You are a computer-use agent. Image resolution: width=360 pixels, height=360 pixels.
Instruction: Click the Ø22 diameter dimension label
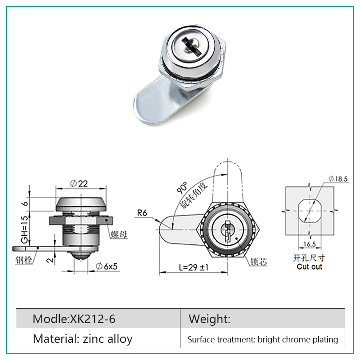tap(79, 184)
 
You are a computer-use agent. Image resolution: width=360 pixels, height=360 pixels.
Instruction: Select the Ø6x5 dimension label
tap(107, 266)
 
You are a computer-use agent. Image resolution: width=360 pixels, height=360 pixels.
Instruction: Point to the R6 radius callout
tap(142, 213)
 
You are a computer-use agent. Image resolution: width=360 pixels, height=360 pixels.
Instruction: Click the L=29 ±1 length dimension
tap(193, 267)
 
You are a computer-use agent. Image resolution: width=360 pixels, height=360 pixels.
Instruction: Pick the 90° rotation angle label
tap(182, 187)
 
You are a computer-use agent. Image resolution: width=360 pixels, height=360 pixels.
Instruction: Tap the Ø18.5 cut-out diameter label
tap(338, 179)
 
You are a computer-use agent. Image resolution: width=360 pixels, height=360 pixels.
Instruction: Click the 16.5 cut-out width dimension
tap(310, 244)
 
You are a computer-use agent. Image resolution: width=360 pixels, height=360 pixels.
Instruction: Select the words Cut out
tap(309, 266)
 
